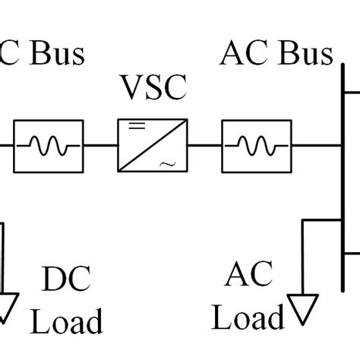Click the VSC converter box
pos(153,144)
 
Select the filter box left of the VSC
pos(49,144)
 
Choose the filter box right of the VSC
pos(256,144)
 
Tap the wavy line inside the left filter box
pos(49,144)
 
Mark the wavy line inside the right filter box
pos(256,144)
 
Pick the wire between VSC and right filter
pos(204,144)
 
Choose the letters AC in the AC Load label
pos(248,275)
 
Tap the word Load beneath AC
pos(248,317)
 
